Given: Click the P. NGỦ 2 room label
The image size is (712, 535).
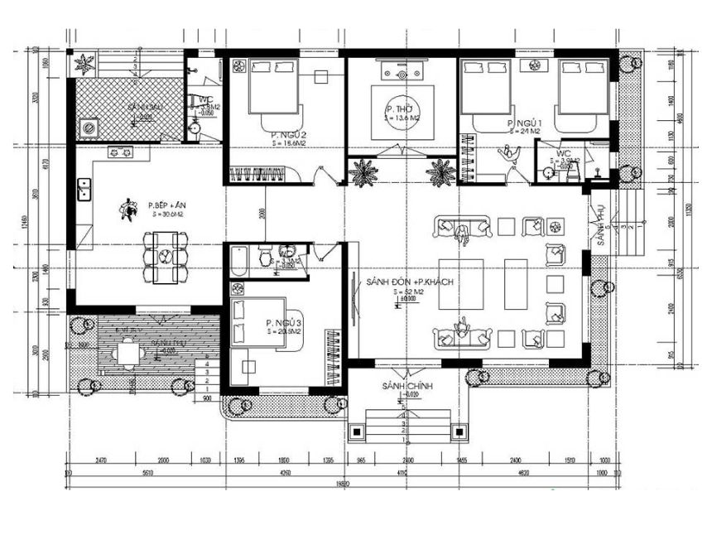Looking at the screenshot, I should [289, 134].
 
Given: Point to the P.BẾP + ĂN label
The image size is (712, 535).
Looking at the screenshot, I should [166, 205].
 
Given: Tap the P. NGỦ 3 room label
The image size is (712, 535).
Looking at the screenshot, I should [282, 323].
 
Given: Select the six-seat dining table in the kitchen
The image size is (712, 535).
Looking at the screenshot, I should [166, 258].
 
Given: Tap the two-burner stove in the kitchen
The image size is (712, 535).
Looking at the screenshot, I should [120, 152].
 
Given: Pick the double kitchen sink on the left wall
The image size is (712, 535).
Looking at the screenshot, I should [84, 189].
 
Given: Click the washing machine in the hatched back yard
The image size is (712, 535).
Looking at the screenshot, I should [87, 128].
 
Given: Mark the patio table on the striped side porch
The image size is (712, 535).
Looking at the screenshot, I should [128, 354].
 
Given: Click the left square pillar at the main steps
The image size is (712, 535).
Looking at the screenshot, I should [357, 431].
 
